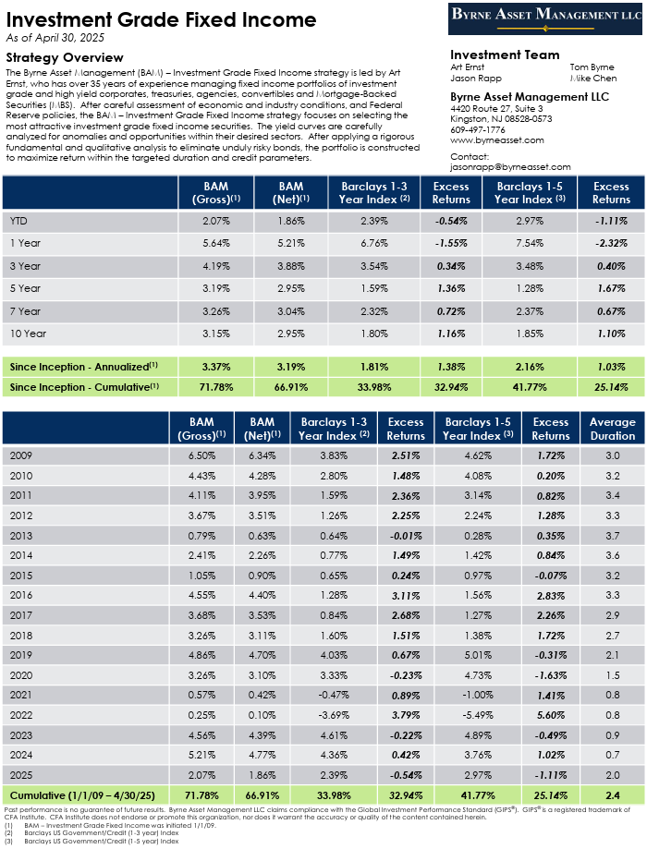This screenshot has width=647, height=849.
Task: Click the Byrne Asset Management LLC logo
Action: (x=544, y=18)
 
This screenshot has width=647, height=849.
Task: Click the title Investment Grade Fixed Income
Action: (x=161, y=20)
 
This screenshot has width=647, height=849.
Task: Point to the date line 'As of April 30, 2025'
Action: (x=55, y=38)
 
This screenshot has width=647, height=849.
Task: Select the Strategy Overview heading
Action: (x=65, y=57)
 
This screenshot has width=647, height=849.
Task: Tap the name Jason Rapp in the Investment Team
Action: (x=476, y=78)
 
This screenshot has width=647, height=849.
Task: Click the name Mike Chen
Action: (x=592, y=78)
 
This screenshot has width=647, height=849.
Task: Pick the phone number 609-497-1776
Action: (x=477, y=130)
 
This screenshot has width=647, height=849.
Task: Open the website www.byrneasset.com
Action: (x=497, y=140)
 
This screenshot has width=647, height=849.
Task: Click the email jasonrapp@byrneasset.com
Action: (x=510, y=167)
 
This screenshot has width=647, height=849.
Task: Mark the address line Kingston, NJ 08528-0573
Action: (x=501, y=119)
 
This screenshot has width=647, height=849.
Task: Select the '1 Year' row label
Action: (x=25, y=243)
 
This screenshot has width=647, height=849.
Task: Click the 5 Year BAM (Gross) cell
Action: (x=216, y=288)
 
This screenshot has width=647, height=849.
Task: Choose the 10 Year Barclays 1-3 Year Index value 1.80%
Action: (x=374, y=334)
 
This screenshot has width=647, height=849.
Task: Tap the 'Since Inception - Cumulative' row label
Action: (x=84, y=387)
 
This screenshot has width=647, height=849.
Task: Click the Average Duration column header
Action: (x=612, y=429)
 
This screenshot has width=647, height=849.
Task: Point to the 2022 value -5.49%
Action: (x=478, y=715)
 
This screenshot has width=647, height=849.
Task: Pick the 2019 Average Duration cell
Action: (x=612, y=655)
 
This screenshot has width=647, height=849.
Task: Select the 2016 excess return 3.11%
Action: (x=406, y=596)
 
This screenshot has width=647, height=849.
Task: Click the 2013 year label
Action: (x=21, y=536)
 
